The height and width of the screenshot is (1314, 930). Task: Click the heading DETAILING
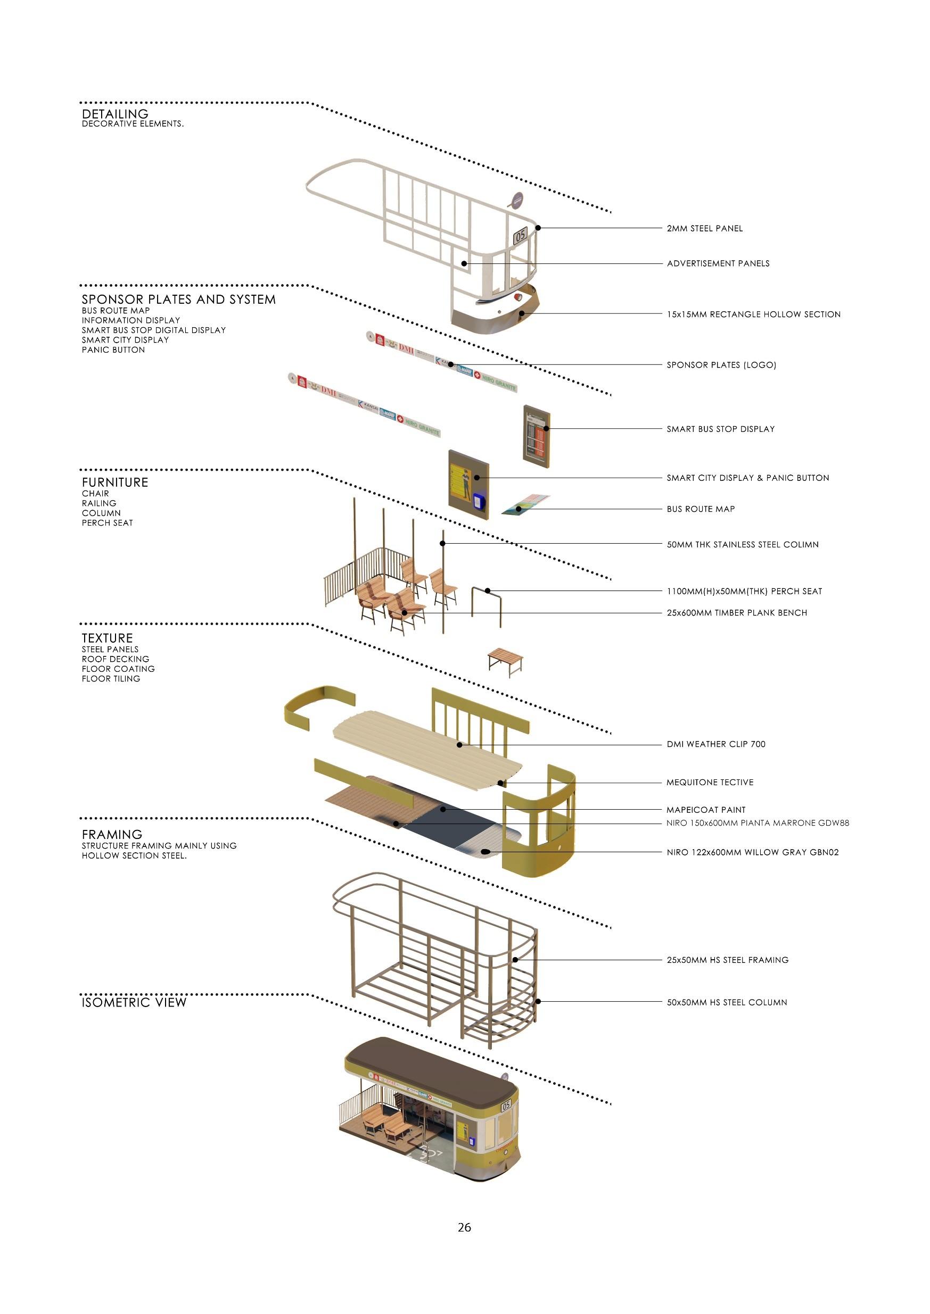(114, 114)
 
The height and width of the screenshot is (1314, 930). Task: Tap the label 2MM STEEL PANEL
(704, 228)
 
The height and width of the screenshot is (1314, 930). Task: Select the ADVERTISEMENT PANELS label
(718, 263)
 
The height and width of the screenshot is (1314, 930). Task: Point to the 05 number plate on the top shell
(520, 235)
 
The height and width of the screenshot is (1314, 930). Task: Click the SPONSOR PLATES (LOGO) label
(721, 364)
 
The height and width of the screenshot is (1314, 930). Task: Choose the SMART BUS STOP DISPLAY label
(720, 429)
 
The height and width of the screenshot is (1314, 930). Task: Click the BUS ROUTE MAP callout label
(701, 509)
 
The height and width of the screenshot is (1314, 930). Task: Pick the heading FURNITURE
(114, 483)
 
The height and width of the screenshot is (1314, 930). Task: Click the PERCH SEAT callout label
(744, 591)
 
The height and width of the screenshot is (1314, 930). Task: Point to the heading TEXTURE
(107, 638)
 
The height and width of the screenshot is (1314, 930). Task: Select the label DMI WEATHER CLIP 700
(716, 744)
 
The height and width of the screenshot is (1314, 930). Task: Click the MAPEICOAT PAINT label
(705, 810)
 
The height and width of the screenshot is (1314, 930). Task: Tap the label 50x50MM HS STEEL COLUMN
(727, 1002)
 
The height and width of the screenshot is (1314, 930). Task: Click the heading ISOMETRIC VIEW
(134, 1002)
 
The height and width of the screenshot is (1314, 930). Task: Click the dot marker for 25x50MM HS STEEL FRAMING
(515, 960)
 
